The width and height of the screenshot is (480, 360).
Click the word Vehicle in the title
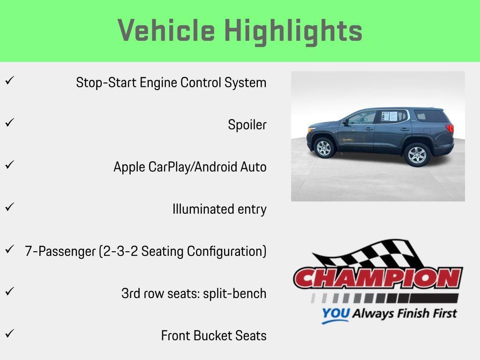coord(166,30)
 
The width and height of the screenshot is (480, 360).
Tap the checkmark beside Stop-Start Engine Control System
coord(10,81)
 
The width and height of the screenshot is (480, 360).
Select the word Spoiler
coord(247,125)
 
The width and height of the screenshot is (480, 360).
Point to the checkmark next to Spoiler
coord(10,123)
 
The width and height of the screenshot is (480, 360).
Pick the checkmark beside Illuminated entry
coord(10,207)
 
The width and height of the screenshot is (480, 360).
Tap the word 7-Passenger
coord(60,251)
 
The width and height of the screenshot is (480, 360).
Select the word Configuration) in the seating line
coord(227,251)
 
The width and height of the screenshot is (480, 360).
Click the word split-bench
coord(235,293)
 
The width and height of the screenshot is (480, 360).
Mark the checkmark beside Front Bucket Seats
coord(10,333)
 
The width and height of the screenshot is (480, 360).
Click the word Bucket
coord(213,336)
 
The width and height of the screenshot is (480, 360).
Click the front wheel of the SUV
coord(324,148)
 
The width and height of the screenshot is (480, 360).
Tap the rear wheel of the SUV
coord(417,155)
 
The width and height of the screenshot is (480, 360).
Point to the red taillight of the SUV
coord(450,127)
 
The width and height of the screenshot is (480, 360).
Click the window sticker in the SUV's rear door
coord(390,116)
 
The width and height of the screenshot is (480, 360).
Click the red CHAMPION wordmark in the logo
coord(378,278)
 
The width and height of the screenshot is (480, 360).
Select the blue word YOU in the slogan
coord(336,313)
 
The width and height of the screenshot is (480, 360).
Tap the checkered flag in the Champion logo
coord(367,254)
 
